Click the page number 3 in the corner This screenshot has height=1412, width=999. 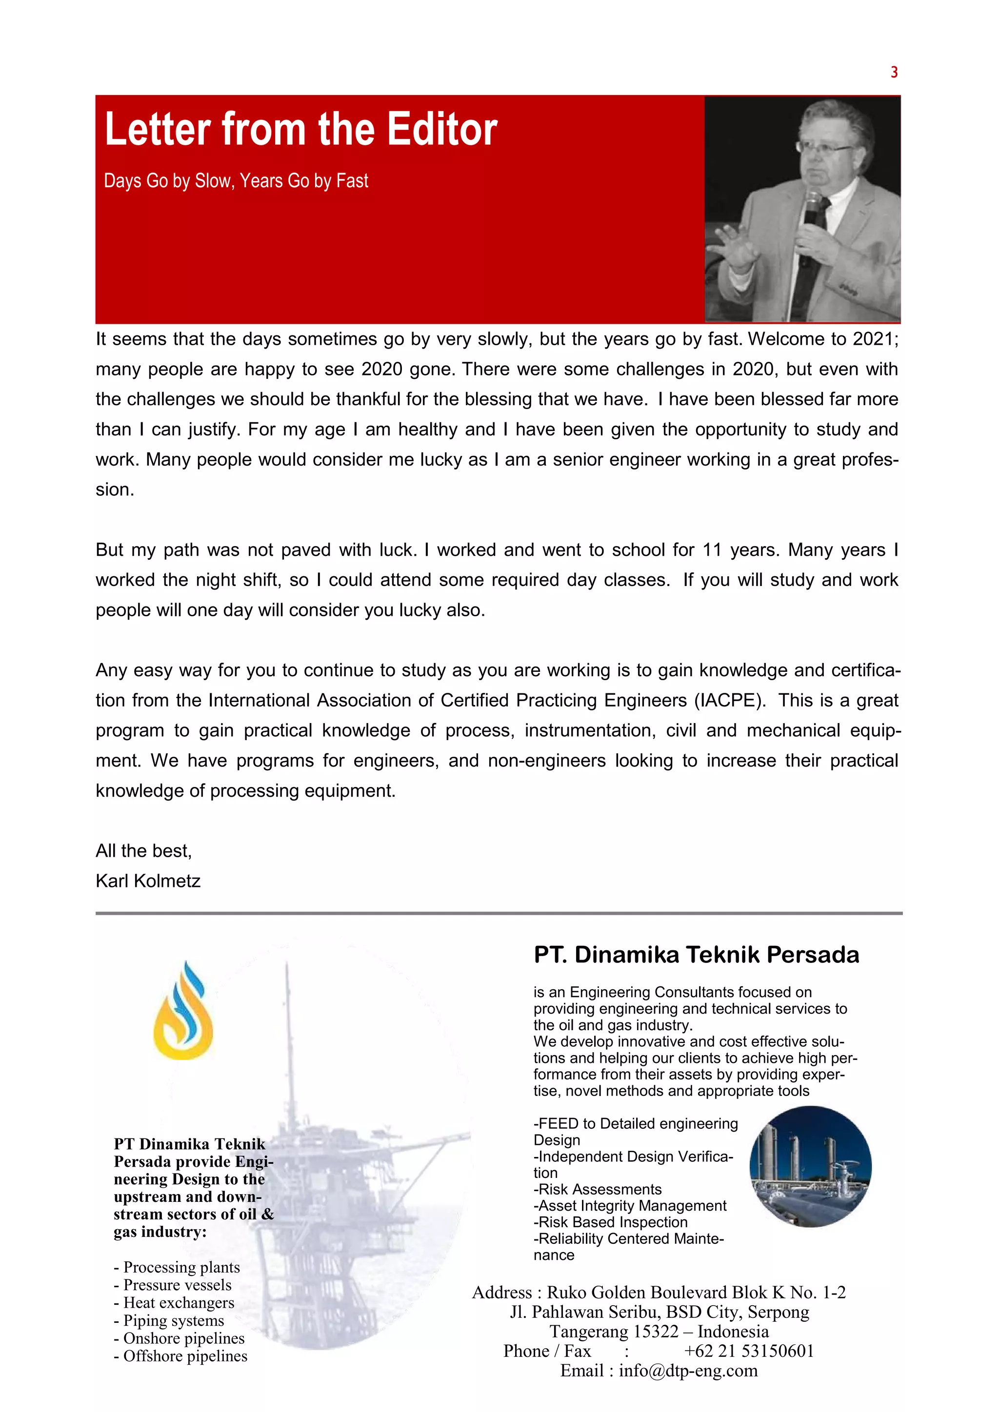point(894,73)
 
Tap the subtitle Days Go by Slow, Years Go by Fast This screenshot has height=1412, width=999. point(236,181)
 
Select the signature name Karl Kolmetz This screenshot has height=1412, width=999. point(148,881)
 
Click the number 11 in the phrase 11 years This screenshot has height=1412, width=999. point(712,550)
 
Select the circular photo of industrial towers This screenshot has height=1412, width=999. point(810,1167)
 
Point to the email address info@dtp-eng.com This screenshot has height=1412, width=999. point(688,1370)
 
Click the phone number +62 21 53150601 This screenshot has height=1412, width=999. point(749,1351)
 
